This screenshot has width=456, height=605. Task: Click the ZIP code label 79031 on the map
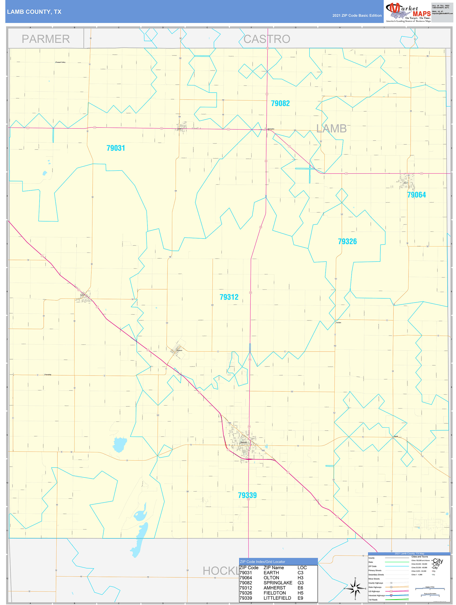point(116,148)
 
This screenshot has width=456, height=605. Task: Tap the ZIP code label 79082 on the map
point(280,103)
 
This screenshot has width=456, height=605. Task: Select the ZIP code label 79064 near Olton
point(416,195)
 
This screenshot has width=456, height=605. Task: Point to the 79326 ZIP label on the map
point(347,242)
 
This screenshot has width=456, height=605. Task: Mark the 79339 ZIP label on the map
point(247,495)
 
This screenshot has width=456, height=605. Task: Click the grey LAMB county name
point(331,128)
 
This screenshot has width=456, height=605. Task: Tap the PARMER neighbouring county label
point(46,39)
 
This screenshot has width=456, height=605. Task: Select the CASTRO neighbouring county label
point(267,39)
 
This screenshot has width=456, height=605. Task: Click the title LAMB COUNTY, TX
point(34,12)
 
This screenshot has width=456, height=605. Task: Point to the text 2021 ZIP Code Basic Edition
point(357,16)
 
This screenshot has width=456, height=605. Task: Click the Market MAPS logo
point(408,12)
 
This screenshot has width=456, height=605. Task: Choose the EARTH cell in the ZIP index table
point(271,573)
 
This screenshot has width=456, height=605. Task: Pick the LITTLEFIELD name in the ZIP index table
point(277,598)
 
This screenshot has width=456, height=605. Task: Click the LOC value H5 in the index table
point(300,593)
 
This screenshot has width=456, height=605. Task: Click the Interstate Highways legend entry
point(376,595)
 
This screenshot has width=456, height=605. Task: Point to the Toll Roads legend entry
point(373,599)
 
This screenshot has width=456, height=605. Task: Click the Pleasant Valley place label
point(60,62)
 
